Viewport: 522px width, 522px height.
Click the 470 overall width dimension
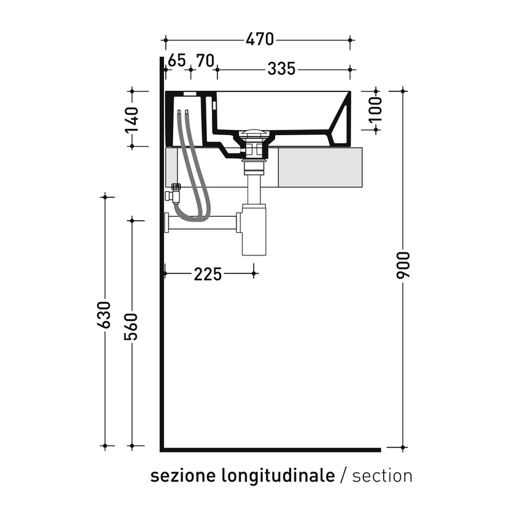260,39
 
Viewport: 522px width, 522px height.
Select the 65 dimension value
177,61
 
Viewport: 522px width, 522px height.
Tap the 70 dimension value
205,61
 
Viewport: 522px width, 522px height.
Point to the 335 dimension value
281,69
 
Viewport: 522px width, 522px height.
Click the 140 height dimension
131,120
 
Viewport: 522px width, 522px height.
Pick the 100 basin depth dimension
376,109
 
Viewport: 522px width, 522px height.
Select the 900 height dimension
403,265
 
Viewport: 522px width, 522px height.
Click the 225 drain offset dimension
208,274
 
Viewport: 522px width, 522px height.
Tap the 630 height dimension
104,314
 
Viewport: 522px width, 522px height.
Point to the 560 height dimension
131,327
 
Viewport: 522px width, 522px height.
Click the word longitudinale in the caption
278,475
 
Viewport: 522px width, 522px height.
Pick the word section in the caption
382,476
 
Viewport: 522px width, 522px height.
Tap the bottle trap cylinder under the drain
254,230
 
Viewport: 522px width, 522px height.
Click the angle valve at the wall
173,193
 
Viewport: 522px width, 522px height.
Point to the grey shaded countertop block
320,168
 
